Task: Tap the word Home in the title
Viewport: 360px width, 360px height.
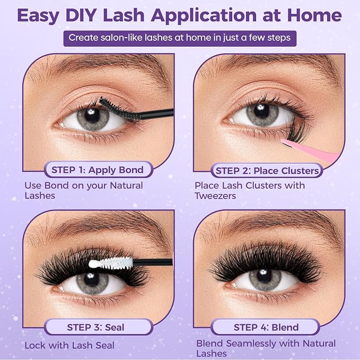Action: (x=314, y=15)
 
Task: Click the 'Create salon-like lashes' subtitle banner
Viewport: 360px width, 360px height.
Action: (x=180, y=38)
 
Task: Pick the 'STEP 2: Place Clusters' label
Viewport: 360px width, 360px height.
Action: (x=267, y=170)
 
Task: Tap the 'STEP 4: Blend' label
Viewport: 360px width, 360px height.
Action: (x=266, y=327)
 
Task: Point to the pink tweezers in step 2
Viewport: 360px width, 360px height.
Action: (x=310, y=149)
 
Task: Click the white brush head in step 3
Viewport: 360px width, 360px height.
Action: (x=111, y=263)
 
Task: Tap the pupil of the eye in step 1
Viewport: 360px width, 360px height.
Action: (x=92, y=115)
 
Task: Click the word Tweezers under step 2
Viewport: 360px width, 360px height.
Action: (x=215, y=196)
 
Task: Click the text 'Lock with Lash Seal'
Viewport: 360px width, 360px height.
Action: (x=69, y=345)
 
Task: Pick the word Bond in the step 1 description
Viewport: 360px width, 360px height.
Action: (x=57, y=186)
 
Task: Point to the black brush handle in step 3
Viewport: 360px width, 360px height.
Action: (x=153, y=262)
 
